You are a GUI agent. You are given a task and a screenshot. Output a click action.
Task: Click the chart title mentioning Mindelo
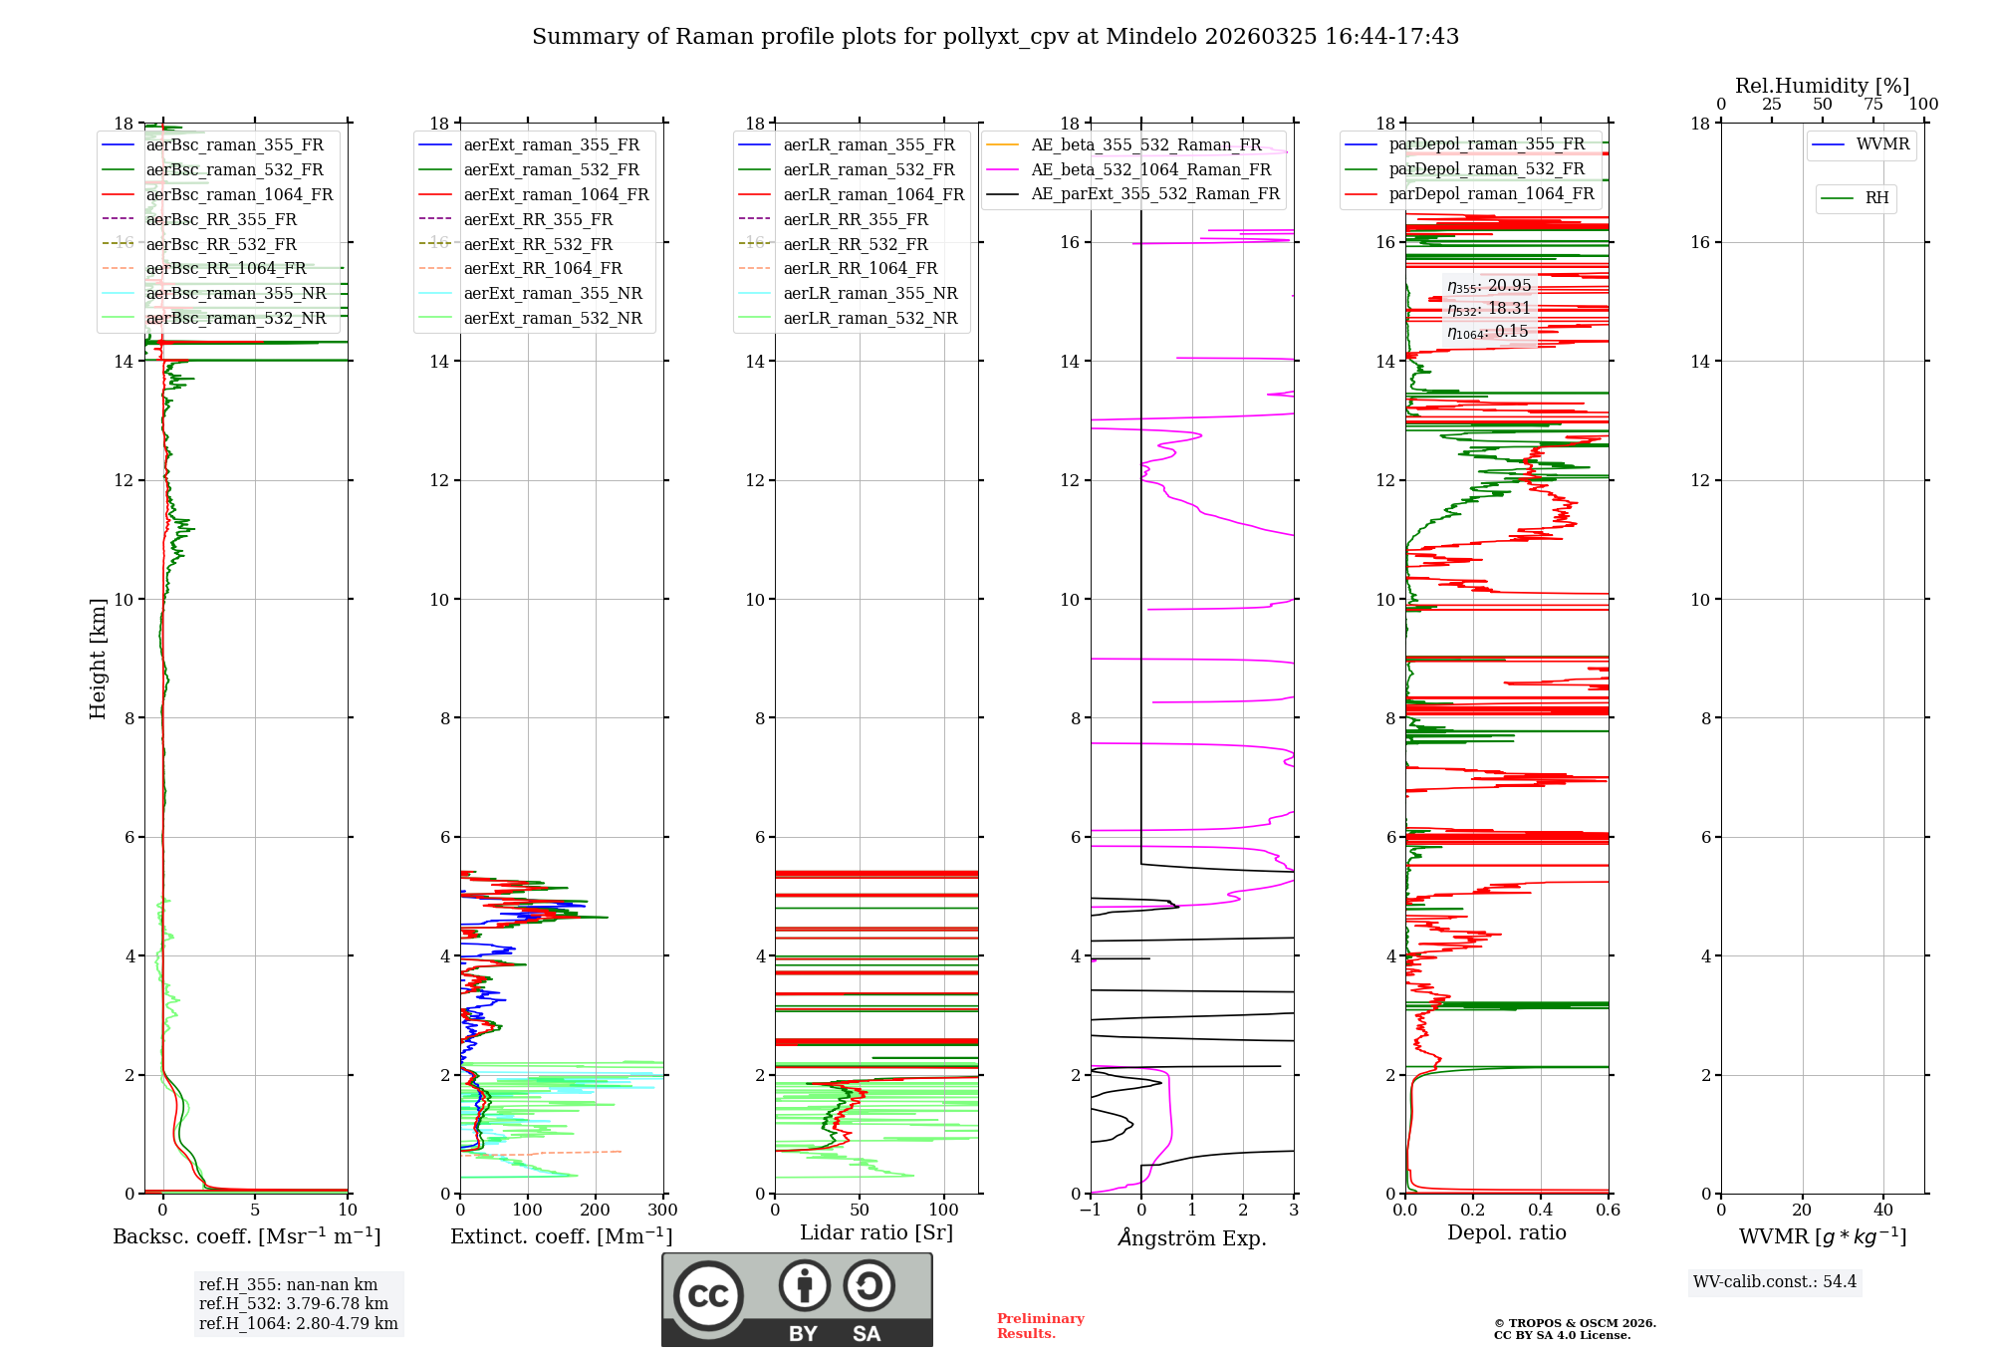coord(995,37)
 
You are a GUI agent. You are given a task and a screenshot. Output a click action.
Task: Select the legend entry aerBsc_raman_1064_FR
coord(239,194)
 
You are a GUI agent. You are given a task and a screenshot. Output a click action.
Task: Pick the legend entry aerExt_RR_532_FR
coord(538,244)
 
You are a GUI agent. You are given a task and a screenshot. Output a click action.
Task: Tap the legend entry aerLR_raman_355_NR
coord(870,293)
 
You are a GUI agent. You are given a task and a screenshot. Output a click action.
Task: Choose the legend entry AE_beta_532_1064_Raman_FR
coord(1150,169)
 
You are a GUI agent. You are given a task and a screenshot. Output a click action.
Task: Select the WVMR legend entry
coord(1882,144)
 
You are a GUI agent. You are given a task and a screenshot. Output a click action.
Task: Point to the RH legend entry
coord(1876,198)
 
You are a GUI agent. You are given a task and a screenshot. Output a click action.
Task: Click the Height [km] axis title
coord(98,658)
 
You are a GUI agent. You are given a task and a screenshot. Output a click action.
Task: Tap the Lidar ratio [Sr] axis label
coord(876,1232)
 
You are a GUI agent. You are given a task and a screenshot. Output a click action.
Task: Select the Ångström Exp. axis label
coord(1192,1237)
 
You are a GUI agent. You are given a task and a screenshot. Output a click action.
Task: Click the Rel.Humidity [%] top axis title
coord(1822,86)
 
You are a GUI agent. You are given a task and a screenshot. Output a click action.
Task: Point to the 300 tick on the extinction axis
coord(662,1211)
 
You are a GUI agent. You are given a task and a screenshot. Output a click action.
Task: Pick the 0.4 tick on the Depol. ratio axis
coord(1541,1211)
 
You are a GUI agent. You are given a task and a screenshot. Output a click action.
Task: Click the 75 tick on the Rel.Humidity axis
coord(1872,105)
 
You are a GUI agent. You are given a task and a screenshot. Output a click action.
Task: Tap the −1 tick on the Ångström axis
coord(1091,1211)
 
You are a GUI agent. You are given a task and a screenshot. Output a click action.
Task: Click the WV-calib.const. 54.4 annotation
coord(1775,1281)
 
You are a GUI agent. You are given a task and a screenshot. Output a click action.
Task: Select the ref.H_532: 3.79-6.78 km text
coord(293,1303)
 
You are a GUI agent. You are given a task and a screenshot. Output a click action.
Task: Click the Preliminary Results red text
coord(1040,1325)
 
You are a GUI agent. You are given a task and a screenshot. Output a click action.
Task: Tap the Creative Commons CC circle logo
coord(708,1296)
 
